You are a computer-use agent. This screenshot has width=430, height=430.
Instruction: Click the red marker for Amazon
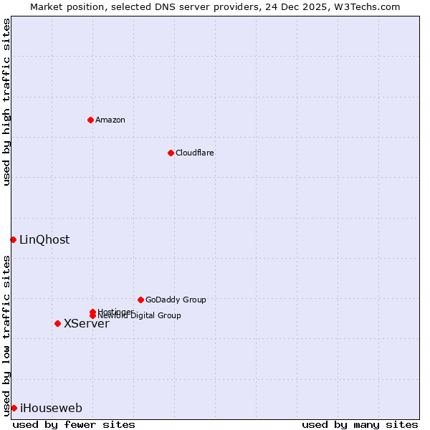point(90,120)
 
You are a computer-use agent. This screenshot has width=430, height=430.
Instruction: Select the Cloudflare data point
point(171,153)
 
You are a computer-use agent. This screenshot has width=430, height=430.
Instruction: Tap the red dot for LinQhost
point(13,239)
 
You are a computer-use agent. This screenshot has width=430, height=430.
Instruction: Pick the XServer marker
point(57,323)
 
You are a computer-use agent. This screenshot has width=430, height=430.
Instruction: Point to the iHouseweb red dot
point(14,408)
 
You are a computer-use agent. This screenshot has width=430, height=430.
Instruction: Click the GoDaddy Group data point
point(140,300)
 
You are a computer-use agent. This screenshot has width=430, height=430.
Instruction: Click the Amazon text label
point(110,120)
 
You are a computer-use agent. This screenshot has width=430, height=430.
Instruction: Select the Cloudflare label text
point(195,153)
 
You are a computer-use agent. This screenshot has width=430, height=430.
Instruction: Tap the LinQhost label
point(44,240)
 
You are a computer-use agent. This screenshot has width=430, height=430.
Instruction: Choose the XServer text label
point(87,324)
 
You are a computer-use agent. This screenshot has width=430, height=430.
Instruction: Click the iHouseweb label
point(51,408)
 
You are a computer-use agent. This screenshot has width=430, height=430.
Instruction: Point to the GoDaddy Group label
point(176,300)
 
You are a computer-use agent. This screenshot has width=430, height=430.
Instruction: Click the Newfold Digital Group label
point(140,316)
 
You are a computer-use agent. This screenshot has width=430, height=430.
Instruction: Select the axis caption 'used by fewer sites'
point(74,424)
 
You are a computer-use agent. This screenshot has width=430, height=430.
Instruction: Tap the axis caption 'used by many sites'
point(360,424)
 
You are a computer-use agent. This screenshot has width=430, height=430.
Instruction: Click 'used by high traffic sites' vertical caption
point(6,102)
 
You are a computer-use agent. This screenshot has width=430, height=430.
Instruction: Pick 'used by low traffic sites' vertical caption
point(6,335)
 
